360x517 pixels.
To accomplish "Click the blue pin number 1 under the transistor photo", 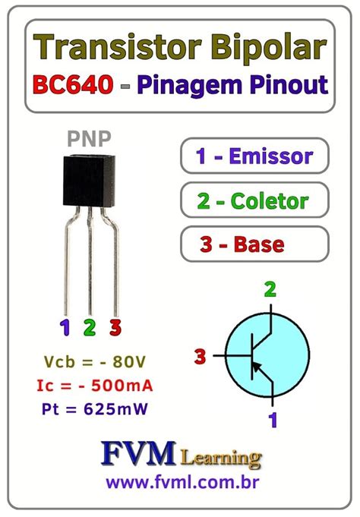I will pos(65,328).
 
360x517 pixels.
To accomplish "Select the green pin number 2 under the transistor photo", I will pos(90,328).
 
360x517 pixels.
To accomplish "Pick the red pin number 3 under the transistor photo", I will pos(115,328).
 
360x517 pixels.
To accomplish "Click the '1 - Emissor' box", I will pos(254,157).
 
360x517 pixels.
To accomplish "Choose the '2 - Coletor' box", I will pos(254,201).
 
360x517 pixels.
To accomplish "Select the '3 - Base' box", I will pos(254,244).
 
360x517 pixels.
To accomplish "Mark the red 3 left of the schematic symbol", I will pos(201,355).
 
